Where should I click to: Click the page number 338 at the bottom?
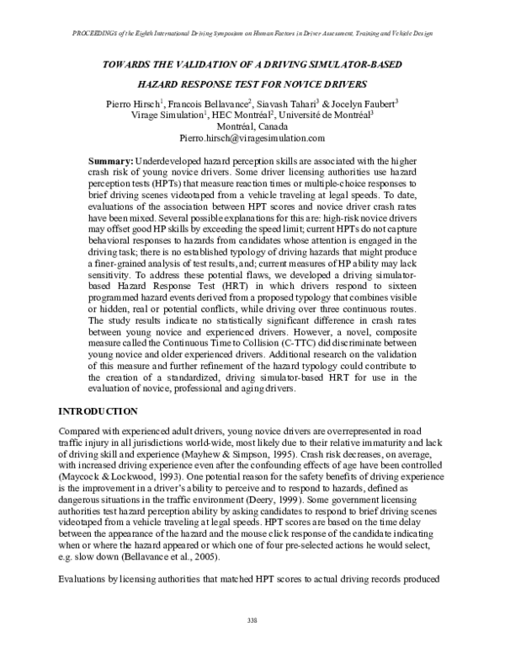[252, 619]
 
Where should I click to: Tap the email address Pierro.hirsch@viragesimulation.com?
[252, 137]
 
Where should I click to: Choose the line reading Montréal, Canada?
[252, 126]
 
